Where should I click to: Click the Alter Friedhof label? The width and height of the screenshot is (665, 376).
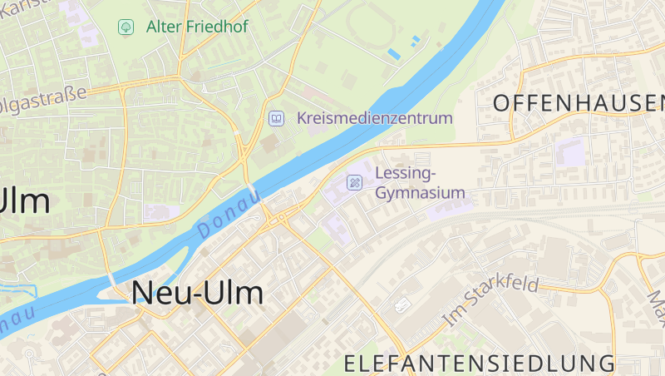(197, 27)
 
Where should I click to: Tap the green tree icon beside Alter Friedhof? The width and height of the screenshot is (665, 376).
(126, 27)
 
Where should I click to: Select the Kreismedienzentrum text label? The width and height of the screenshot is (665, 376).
(375, 117)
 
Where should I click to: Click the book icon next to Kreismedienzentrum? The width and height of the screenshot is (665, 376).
(275, 118)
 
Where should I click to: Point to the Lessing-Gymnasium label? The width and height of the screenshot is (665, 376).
(419, 183)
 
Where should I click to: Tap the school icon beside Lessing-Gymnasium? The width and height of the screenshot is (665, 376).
(355, 182)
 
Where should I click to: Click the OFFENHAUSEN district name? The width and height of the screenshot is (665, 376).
(579, 103)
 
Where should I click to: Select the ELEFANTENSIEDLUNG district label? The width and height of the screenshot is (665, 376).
(480, 364)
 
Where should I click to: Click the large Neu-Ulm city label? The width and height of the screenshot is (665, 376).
(197, 292)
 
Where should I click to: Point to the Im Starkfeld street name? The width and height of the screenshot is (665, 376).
(491, 300)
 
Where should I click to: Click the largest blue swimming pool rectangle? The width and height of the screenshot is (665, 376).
(394, 54)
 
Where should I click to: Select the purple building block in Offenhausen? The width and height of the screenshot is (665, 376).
(570, 152)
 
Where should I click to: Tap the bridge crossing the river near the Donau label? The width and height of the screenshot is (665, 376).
(253, 192)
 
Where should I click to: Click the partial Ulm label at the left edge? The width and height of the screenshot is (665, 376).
(25, 201)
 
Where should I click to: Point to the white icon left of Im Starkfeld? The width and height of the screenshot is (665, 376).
(404, 304)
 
